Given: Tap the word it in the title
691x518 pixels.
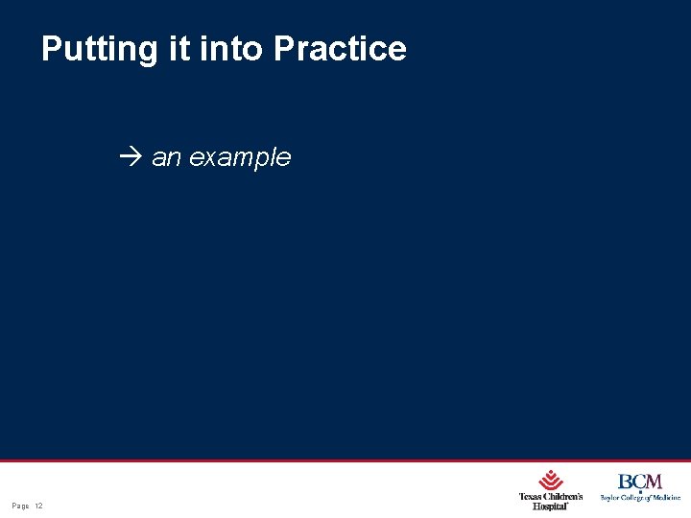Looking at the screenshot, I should click(179, 49).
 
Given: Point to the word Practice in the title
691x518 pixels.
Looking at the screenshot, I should click(340, 49).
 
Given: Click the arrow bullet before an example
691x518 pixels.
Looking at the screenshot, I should click(132, 157).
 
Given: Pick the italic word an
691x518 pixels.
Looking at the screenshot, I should click(166, 157).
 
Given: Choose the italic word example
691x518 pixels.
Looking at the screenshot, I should click(240, 158).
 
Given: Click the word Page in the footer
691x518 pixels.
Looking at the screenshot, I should click(20, 506).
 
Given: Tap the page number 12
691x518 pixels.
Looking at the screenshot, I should click(38, 506).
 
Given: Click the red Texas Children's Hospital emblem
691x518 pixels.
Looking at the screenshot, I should click(551, 480).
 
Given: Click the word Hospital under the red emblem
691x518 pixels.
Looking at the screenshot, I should click(550, 506).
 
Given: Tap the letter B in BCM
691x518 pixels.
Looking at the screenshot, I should click(625, 482).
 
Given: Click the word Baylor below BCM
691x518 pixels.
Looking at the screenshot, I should click(610, 497).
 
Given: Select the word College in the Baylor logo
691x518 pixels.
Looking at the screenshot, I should click(635, 497).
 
